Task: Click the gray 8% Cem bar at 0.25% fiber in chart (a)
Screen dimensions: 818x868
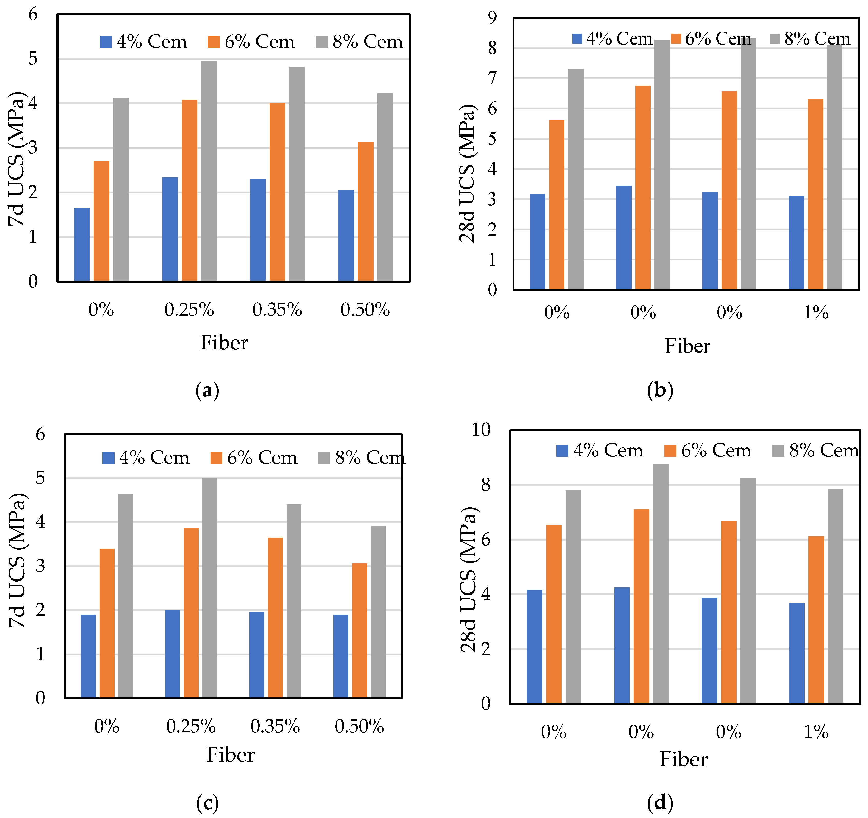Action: click(x=209, y=171)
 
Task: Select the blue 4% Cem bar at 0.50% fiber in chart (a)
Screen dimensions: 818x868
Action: click(x=346, y=236)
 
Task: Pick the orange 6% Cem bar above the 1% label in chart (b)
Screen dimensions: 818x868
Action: click(x=815, y=194)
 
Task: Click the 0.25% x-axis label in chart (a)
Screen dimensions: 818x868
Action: click(x=189, y=310)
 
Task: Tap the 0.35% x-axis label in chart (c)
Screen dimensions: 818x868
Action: click(x=275, y=726)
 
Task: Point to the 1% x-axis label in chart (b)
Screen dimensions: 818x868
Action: click(x=816, y=312)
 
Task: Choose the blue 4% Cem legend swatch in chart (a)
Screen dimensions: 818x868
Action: click(x=106, y=42)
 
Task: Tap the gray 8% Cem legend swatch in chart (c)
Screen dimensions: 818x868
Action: click(x=324, y=458)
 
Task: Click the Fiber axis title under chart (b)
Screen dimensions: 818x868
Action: click(x=687, y=346)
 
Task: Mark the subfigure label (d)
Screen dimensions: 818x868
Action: click(x=660, y=802)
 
